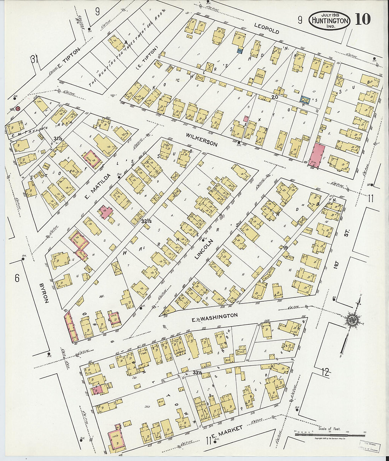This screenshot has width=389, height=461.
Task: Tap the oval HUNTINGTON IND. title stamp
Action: [330, 20]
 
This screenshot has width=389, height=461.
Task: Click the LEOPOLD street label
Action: [267, 28]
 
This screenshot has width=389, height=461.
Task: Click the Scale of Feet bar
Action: [329, 433]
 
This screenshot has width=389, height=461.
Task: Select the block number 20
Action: [275, 97]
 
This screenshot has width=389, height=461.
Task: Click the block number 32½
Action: [146, 221]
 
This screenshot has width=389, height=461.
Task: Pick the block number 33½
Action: [197, 372]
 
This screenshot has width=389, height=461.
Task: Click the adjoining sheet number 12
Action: [326, 371]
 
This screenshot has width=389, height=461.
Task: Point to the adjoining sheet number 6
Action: [17, 278]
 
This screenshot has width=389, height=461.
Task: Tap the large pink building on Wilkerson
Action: [317, 155]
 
